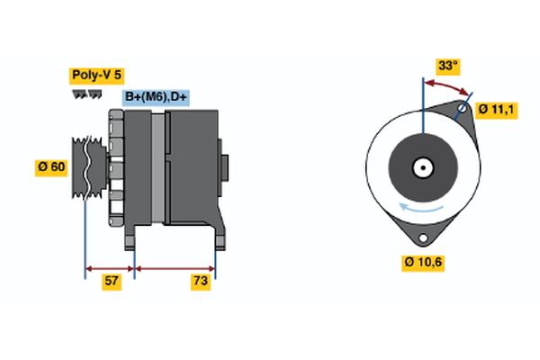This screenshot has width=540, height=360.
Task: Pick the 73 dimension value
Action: pos(202,282)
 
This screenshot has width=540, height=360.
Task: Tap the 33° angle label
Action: pos(447,66)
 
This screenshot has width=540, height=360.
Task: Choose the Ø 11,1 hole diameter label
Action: pos(496,109)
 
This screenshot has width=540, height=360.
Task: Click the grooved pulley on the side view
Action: pos(87,166)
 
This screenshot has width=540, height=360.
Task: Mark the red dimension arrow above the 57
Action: pos(110,267)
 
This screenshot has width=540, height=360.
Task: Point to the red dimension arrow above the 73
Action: pos(175,267)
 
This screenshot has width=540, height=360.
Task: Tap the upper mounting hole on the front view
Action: pos(462,112)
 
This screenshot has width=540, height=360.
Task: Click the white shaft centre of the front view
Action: pos(421,167)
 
